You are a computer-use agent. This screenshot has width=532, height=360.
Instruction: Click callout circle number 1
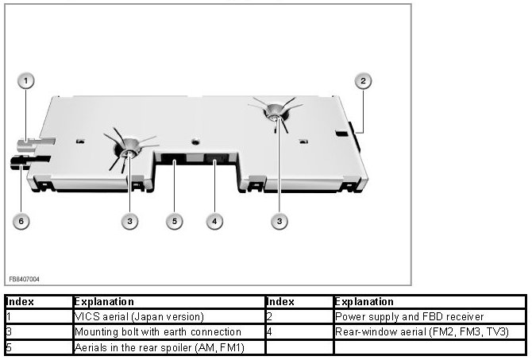click(26, 81)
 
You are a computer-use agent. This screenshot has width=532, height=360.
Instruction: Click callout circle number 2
click(363, 81)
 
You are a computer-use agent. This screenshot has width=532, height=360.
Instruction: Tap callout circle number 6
click(21, 221)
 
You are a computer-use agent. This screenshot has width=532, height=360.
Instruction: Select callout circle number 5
click(175, 221)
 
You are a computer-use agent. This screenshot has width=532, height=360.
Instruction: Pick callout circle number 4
click(214, 221)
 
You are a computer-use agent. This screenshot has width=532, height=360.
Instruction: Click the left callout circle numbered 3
click(129, 221)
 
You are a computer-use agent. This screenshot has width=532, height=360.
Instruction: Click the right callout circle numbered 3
click(279, 221)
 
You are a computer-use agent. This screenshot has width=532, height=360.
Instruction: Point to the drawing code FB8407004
click(25, 279)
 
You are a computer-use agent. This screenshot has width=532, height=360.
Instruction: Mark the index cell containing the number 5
click(37, 346)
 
